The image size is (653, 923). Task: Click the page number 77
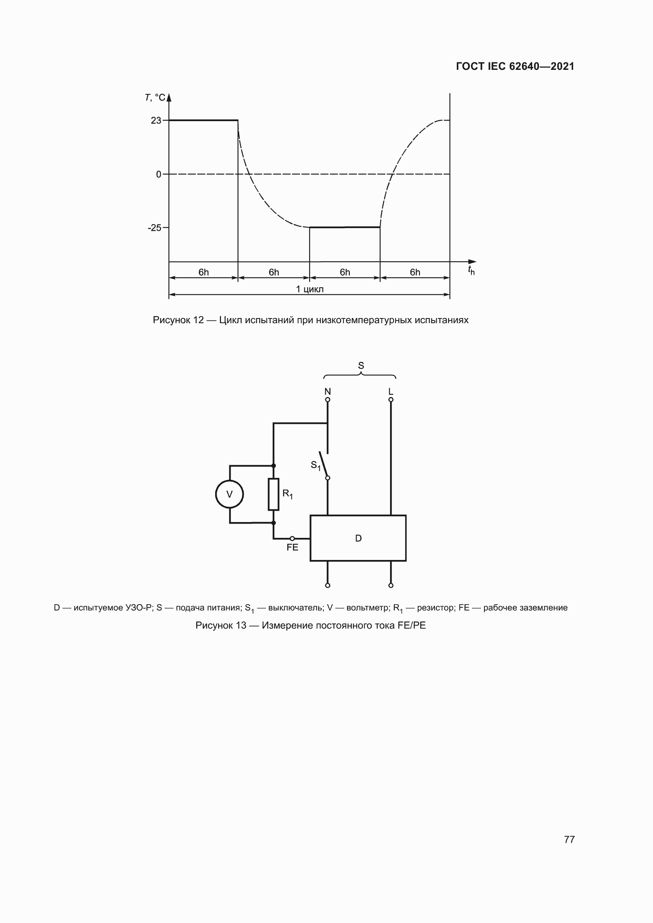569,839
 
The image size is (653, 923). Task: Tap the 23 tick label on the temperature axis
156,121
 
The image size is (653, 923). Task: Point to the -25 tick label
154,228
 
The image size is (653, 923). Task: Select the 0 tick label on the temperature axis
158,174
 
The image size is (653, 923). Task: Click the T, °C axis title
155,98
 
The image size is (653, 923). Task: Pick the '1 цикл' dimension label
310,289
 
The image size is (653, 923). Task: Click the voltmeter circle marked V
230,494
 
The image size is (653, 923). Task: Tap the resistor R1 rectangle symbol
274,494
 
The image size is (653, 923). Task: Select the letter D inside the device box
358,538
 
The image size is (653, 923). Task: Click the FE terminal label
292,548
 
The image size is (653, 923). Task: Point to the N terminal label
328,391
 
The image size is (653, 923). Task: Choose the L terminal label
390,391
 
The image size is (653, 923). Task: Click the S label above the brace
361,366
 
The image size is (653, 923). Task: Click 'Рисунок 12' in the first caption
178,320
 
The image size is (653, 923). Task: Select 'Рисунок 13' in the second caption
221,625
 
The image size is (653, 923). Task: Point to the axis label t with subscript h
471,271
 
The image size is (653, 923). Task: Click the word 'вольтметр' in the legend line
368,608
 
